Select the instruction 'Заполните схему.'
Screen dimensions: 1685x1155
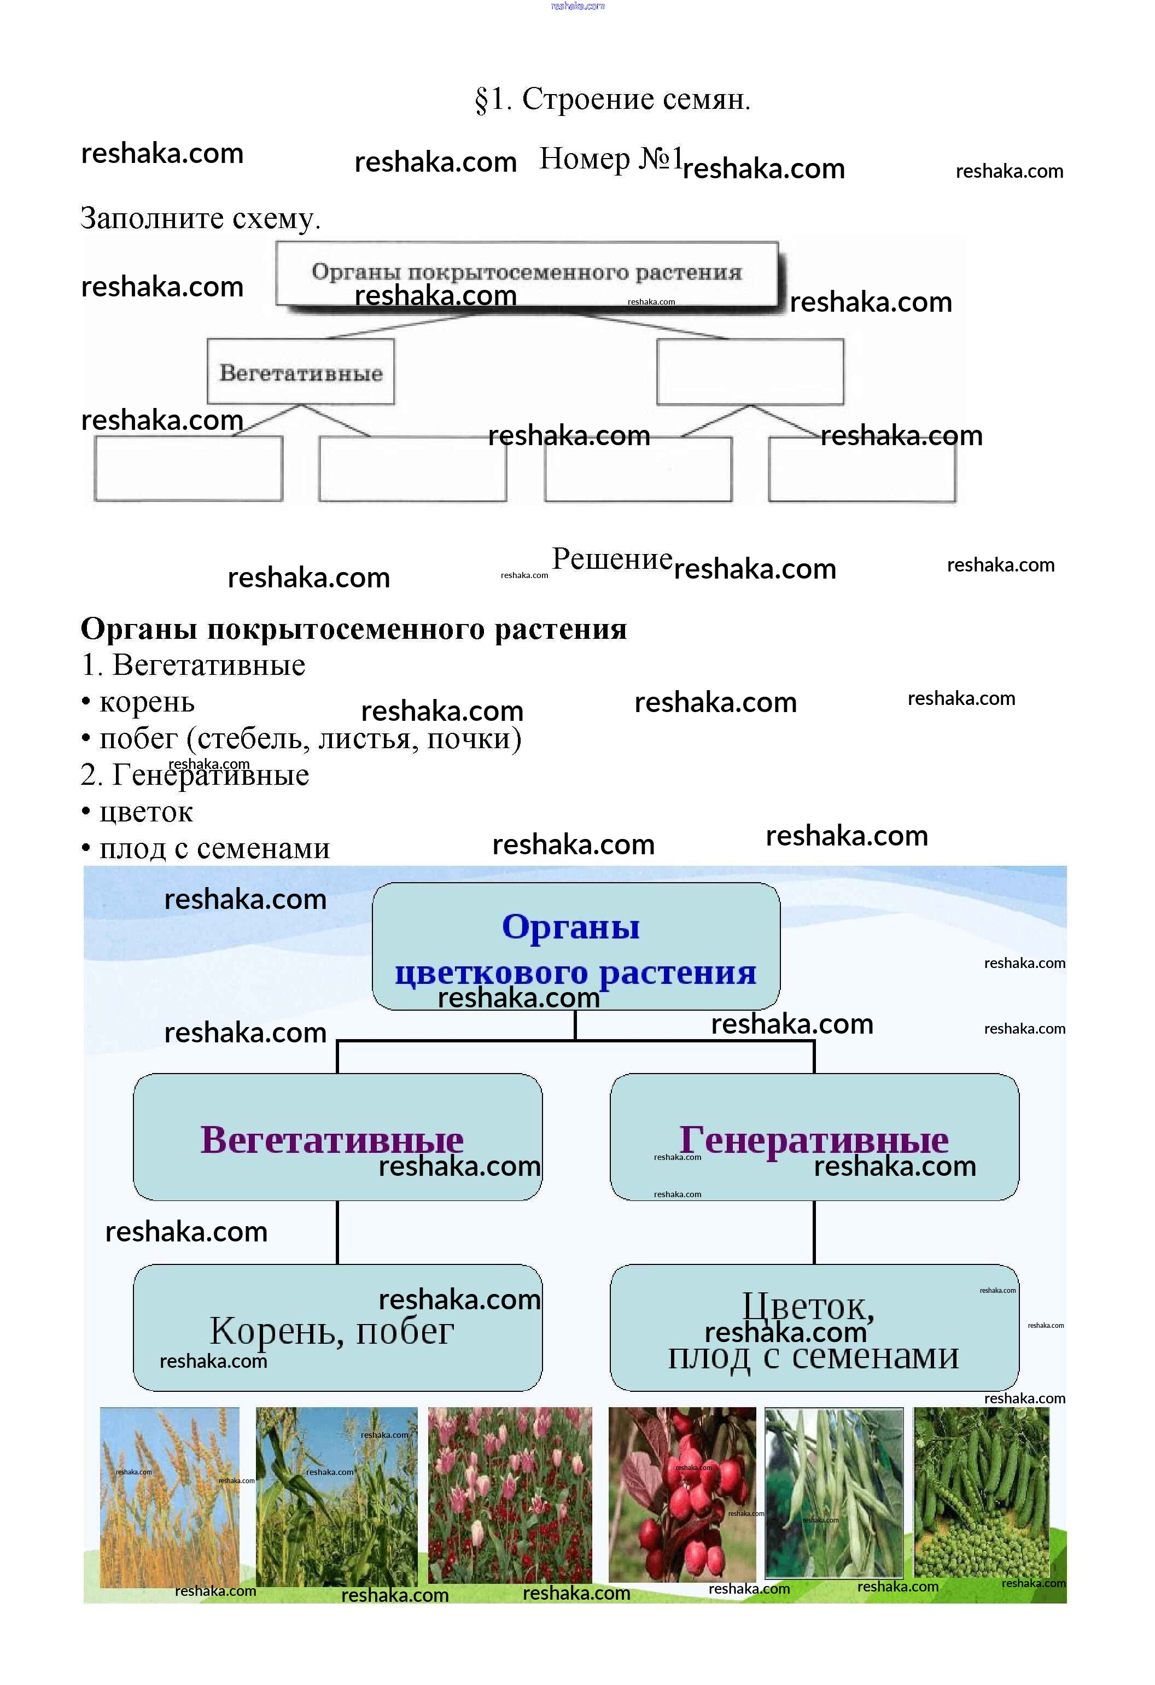click(200, 218)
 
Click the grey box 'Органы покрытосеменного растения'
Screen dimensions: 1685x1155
click(527, 273)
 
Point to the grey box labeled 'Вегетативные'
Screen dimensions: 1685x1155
click(300, 372)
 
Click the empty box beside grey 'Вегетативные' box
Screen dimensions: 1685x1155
click(750, 372)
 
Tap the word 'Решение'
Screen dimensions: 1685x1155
click(611, 559)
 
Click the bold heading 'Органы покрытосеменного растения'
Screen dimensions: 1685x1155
click(353, 628)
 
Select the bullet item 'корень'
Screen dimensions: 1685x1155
click(145, 702)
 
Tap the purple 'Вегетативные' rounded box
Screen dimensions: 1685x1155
click(337, 1137)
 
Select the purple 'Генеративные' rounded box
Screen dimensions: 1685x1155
click(814, 1137)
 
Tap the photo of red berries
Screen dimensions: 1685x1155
click(681, 1495)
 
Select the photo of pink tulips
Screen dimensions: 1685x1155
click(509, 1495)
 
